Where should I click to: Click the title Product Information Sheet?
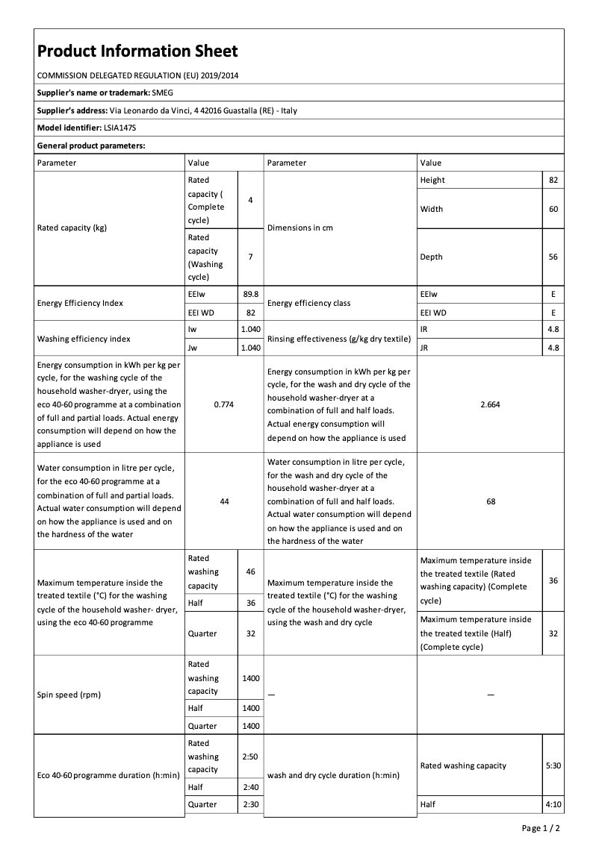coord(137,51)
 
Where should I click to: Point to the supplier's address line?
coord(167,110)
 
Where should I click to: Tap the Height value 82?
coord(553,180)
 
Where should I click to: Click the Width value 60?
coord(553,209)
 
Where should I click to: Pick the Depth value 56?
coord(553,257)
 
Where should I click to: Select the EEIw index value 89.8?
coord(250,295)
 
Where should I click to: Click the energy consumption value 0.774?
coord(224,404)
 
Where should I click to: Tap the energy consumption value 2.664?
coord(490,404)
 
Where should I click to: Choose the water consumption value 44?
coord(224,501)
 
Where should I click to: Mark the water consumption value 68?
coord(490,501)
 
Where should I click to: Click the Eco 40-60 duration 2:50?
coord(250,756)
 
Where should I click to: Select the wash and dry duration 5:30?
coord(553,765)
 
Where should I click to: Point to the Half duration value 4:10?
coord(553,804)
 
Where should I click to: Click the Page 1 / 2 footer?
coord(541,828)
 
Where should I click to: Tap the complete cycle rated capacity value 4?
coord(250,200)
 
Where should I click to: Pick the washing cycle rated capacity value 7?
coord(250,257)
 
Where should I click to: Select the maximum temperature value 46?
coord(250,571)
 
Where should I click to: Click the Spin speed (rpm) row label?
coord(69,695)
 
